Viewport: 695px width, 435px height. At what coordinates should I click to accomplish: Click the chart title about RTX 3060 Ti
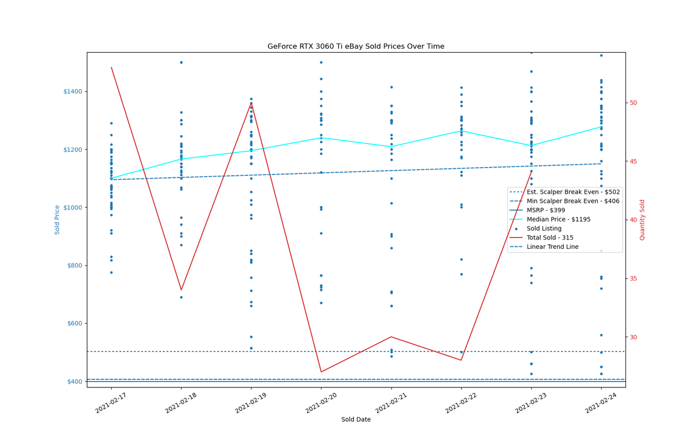pos(356,46)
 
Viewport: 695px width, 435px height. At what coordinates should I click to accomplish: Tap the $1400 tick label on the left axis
pos(73,92)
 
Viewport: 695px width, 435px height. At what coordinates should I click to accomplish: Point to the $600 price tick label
pos(75,324)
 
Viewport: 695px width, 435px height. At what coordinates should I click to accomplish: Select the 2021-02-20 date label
pos(321,403)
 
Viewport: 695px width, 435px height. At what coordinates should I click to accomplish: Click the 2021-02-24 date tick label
pos(601,403)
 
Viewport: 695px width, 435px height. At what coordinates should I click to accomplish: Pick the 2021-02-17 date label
pos(111,403)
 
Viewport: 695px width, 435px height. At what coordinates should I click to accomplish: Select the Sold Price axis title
pos(57,220)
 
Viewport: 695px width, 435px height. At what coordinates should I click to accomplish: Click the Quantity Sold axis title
pos(642,220)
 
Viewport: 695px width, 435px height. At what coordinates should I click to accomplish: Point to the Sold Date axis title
pos(356,419)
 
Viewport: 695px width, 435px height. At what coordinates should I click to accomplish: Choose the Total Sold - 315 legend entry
pos(550,238)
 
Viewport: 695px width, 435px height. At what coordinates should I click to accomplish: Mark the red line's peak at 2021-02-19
pos(251,103)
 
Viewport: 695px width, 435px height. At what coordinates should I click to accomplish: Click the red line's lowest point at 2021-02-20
pos(321,372)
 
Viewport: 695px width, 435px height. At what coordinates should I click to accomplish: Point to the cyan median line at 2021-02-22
pos(462,131)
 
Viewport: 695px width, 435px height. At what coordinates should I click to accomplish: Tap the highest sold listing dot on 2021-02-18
pos(181,63)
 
